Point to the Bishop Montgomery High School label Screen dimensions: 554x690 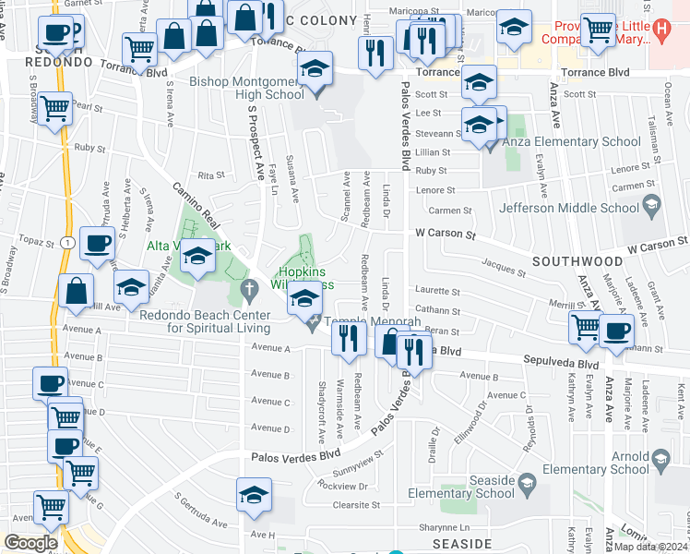[x=246, y=88]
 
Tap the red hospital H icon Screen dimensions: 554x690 [x=660, y=29]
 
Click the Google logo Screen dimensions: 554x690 [x=31, y=543]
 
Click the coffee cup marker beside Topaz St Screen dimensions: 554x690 [x=97, y=245]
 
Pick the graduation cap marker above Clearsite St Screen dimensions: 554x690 [x=254, y=494]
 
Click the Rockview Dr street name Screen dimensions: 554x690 [x=342, y=486]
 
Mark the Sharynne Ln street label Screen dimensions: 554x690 [x=444, y=526]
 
